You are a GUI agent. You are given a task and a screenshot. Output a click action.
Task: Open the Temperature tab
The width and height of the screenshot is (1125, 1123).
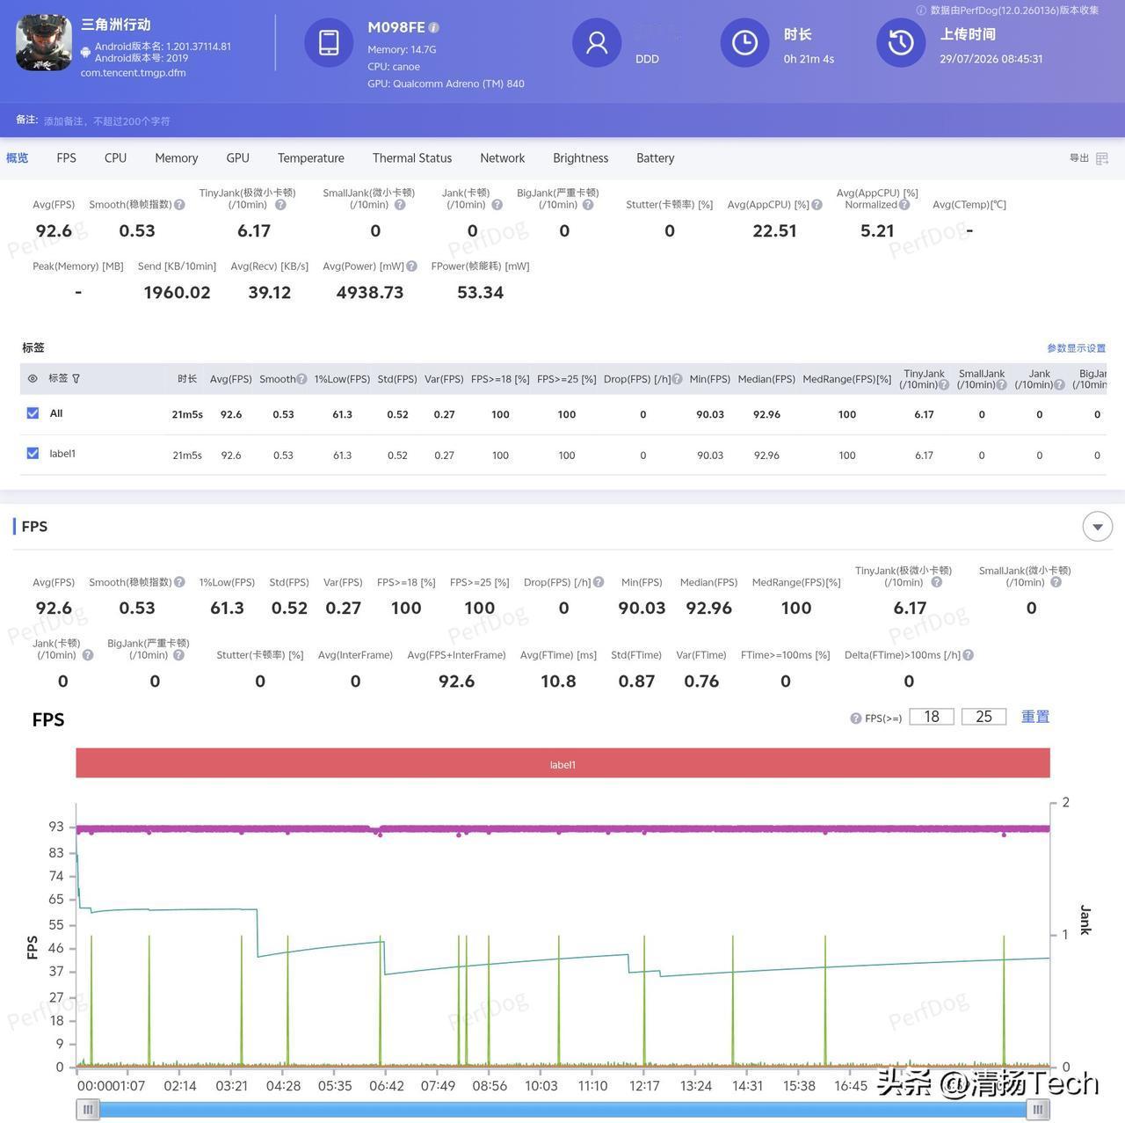point(310,157)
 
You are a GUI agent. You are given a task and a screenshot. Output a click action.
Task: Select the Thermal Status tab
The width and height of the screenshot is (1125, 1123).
point(411,157)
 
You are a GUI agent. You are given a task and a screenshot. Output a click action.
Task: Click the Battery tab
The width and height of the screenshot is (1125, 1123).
point(655,157)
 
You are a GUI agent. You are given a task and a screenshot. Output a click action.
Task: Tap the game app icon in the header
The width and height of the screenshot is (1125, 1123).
point(44,43)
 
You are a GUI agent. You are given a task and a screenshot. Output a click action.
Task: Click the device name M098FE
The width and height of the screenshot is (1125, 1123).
point(396,27)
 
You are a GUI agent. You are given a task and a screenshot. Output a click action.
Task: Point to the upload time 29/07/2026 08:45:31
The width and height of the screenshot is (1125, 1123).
point(991,59)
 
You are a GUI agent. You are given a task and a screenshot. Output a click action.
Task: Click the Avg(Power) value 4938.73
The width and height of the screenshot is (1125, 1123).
point(369,292)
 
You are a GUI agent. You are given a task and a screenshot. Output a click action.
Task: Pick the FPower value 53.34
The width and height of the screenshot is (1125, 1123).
point(480,292)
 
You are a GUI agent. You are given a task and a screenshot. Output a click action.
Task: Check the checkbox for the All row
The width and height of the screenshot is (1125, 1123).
point(33,413)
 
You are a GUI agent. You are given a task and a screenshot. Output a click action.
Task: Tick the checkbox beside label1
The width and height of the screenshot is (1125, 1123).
point(33,453)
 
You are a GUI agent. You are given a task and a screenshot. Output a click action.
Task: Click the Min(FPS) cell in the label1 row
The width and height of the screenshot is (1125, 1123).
point(710,456)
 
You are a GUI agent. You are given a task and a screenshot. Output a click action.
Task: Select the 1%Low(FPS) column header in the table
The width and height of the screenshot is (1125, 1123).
point(342,379)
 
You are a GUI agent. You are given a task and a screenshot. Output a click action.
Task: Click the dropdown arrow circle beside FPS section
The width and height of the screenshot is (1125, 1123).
point(1098,527)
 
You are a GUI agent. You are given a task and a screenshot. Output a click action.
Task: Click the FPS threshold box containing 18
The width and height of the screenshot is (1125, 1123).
point(931,717)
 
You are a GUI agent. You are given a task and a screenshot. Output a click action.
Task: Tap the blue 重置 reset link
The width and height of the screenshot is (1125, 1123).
point(1035,717)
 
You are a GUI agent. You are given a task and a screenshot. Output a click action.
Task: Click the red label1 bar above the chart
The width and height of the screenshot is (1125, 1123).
point(562,763)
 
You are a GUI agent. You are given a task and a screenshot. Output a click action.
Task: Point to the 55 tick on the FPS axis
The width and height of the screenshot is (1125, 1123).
point(56,924)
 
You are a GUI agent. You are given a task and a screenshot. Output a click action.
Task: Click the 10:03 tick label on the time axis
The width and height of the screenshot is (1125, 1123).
point(541,1085)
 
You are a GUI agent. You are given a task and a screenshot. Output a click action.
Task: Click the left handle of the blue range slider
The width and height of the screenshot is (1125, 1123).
point(88,1109)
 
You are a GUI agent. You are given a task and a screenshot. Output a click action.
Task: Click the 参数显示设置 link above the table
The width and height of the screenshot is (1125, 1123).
point(1076,348)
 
